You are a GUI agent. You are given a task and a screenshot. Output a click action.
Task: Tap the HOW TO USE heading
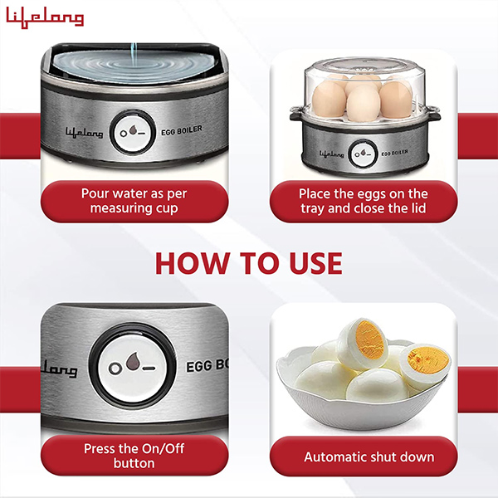click(x=248, y=262)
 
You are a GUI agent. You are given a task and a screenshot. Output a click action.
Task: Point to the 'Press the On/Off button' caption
click(x=134, y=456)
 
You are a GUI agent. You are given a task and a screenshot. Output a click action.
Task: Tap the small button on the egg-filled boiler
click(x=362, y=154)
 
